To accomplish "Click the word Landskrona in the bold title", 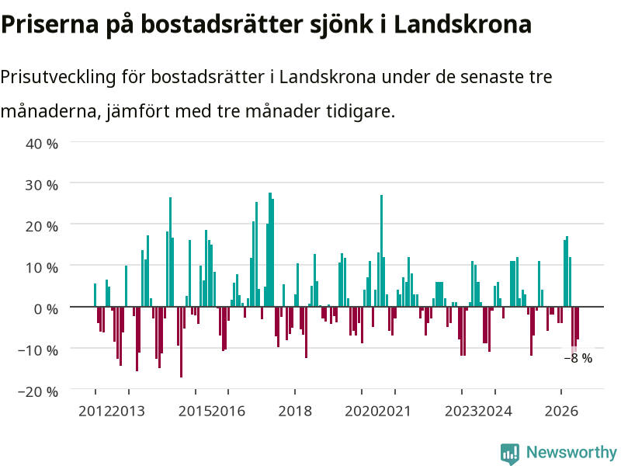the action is coord(463,24).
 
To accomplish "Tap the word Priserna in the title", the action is coord(50,24).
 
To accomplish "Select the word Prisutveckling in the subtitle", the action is coord(58,77).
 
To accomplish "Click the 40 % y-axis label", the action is coord(42,144).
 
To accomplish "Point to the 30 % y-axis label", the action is coord(42,185).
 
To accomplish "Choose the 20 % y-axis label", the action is coord(42,226).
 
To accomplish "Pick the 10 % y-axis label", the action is coord(42,267).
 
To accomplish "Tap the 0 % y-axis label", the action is coord(46,308).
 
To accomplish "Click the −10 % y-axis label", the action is coord(38,350).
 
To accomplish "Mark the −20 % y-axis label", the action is coord(38,391).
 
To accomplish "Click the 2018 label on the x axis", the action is coord(295,411).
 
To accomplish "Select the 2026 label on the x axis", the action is coord(561,411).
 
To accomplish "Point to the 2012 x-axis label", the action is coord(95,411).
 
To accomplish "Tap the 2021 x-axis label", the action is coord(394,411).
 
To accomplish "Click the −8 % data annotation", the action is coord(578,358).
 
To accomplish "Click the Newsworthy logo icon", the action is coord(510,454).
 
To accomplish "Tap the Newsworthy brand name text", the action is coord(571,452).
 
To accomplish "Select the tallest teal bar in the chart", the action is coord(270,249).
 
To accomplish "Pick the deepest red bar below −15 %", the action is coord(182,342).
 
